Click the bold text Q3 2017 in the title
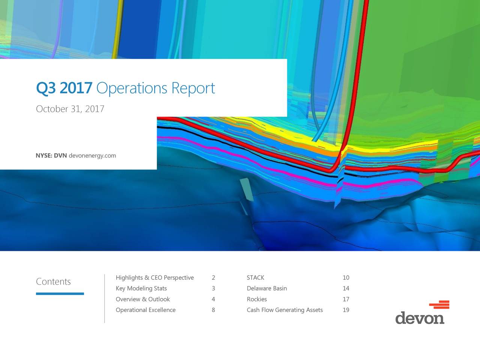click(64, 88)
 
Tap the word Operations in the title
click(132, 88)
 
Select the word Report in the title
click(193, 88)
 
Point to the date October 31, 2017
click(70, 109)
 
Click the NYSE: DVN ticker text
click(51, 156)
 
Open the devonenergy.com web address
click(92, 156)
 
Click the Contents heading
click(53, 282)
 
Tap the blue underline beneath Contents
click(60, 294)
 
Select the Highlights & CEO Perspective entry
click(155, 277)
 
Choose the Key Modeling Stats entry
click(141, 288)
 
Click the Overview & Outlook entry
click(143, 299)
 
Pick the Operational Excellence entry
click(145, 310)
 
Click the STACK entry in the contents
click(255, 277)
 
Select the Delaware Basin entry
click(267, 288)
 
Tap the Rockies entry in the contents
click(257, 299)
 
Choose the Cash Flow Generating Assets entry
click(285, 310)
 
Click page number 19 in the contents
click(346, 310)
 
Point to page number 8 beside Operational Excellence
click(213, 310)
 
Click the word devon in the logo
click(420, 318)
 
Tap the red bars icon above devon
click(439, 305)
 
